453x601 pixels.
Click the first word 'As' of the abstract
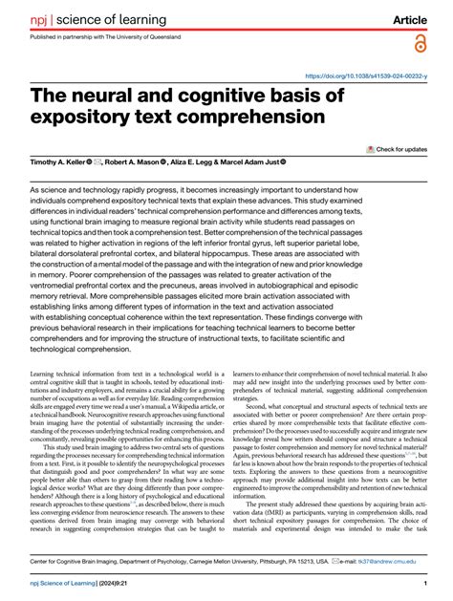[x=36, y=191]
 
